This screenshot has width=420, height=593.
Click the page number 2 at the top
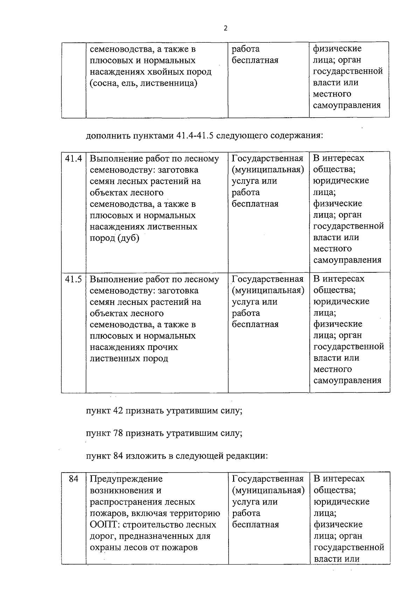(225, 28)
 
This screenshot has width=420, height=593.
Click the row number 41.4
(73, 159)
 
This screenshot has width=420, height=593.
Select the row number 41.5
(73, 279)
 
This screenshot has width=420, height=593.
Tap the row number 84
(73, 479)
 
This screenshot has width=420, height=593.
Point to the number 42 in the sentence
(118, 411)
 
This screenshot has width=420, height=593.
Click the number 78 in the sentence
(118, 433)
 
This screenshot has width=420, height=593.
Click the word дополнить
(108, 135)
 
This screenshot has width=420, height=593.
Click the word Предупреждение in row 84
(126, 479)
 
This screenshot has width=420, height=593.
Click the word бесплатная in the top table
(255, 60)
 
